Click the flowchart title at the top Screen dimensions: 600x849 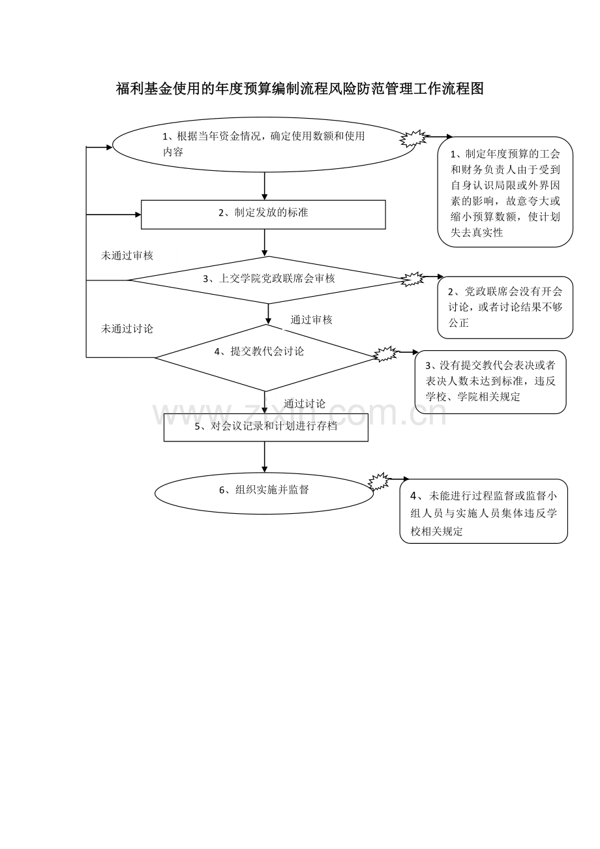coord(299,89)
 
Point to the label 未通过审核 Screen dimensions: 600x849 coord(127,256)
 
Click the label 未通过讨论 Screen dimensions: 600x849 coord(127,329)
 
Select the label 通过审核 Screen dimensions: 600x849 coord(311,320)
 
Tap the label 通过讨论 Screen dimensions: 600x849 coord(305,404)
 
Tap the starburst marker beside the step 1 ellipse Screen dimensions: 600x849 coord(414,138)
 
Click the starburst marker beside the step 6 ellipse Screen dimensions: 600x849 coord(379,481)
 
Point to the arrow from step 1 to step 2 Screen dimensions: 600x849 coord(265,186)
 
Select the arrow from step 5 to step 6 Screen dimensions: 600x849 coord(265,456)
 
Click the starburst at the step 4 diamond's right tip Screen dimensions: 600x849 coord(386,354)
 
